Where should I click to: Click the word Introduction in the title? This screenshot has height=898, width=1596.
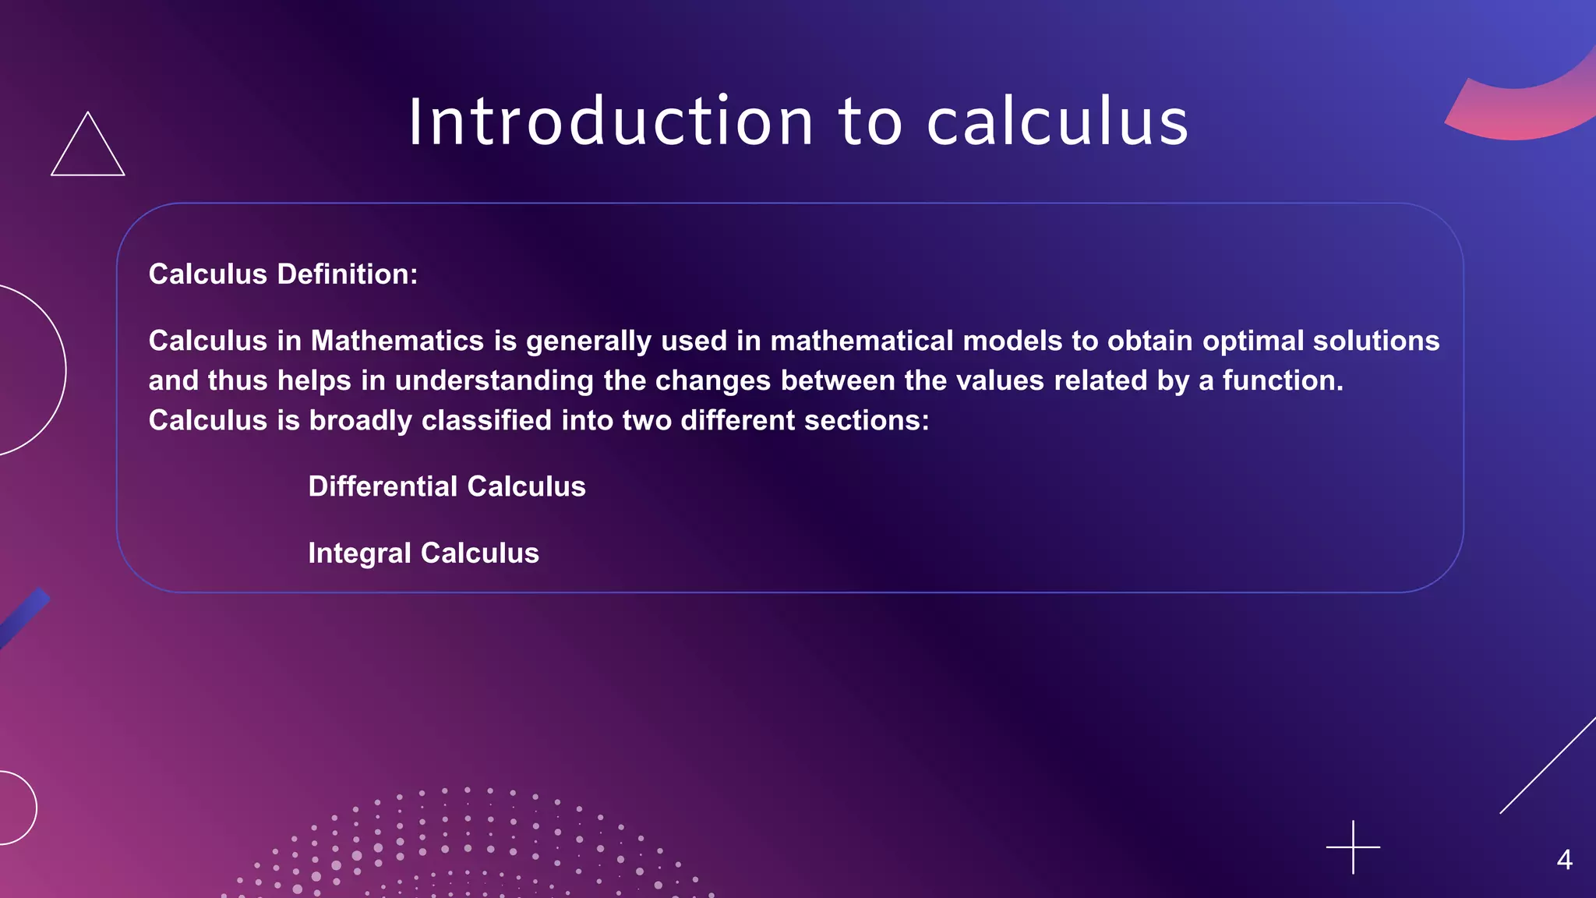(x=611, y=122)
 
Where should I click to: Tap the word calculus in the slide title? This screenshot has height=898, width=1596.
(x=1058, y=122)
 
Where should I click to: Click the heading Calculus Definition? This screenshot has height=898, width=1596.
(x=283, y=274)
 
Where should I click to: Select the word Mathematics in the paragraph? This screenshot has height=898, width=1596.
(x=397, y=341)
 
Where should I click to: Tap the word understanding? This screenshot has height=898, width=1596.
(x=494, y=381)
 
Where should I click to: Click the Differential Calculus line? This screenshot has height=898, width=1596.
(x=447, y=487)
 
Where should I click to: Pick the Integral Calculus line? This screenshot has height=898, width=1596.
(x=423, y=553)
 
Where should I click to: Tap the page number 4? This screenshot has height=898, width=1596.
(x=1564, y=860)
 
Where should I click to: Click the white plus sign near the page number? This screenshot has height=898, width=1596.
(x=1353, y=847)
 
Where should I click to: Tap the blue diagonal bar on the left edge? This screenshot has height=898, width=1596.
(x=23, y=617)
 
